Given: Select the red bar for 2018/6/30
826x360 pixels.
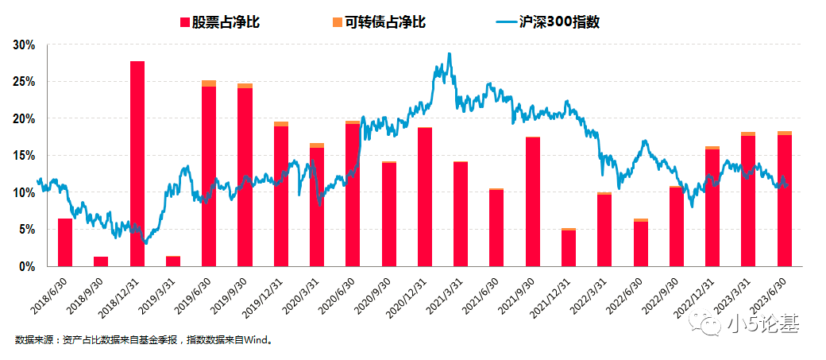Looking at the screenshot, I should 65,242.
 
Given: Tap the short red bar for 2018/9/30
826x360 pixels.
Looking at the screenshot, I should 101,261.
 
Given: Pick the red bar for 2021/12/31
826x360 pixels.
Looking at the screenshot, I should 568,248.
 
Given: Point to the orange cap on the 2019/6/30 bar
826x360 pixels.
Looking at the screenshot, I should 209,83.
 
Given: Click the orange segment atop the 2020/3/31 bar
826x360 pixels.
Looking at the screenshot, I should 317,145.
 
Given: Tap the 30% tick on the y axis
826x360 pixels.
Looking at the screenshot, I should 25,45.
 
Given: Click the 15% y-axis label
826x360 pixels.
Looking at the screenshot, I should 25,156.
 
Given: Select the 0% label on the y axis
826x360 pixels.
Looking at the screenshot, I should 28,266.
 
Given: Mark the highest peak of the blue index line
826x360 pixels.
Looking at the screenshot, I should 450,54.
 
